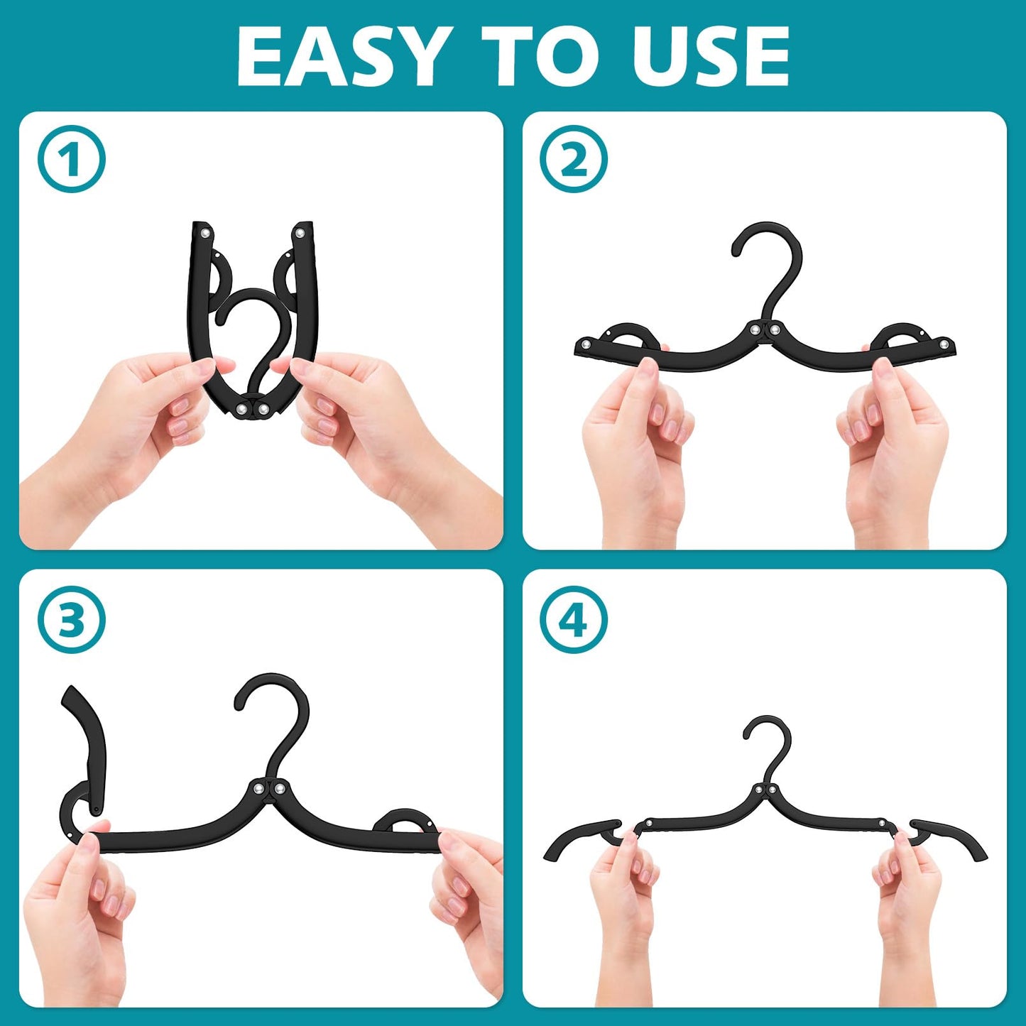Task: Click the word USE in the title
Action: pyautogui.click(x=718, y=57)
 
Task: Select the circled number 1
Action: pyautogui.click(x=71, y=159)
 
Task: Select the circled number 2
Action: pyautogui.click(x=574, y=159)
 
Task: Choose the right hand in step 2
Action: pyautogui.click(x=895, y=447)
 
